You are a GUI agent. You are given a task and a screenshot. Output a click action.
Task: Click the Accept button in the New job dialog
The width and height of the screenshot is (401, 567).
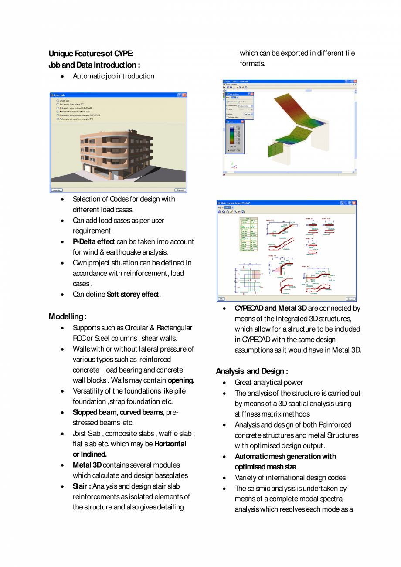57,190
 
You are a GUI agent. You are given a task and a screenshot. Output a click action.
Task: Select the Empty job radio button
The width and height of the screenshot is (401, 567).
58,101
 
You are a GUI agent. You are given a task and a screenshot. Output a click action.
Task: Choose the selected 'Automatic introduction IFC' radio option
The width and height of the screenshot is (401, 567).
58,112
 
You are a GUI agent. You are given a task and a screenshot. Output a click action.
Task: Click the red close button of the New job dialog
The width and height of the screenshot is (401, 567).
184,95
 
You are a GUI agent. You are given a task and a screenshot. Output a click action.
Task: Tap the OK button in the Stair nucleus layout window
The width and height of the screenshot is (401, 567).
221,299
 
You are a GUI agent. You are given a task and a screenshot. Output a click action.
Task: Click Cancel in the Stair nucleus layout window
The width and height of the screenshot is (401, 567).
350,299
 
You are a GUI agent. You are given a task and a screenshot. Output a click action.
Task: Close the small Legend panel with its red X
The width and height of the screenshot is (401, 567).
242,122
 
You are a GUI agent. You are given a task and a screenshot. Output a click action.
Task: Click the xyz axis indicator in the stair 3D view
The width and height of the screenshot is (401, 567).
234,166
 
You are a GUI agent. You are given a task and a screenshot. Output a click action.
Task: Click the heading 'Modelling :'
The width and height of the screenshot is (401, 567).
68,316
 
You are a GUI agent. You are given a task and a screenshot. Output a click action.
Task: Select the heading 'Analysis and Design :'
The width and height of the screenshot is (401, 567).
252,371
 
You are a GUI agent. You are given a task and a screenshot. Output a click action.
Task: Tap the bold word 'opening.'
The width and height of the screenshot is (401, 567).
181,380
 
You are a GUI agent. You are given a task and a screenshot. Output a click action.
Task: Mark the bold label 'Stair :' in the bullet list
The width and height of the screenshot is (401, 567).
82,486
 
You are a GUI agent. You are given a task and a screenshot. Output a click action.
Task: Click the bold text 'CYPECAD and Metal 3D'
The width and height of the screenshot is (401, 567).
271,308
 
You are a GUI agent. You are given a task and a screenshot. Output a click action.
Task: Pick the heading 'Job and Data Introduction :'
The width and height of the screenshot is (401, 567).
94,65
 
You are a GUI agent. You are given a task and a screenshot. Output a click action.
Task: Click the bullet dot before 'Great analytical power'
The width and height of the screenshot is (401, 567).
224,383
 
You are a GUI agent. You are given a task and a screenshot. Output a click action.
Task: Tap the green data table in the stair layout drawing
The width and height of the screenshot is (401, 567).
248,234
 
